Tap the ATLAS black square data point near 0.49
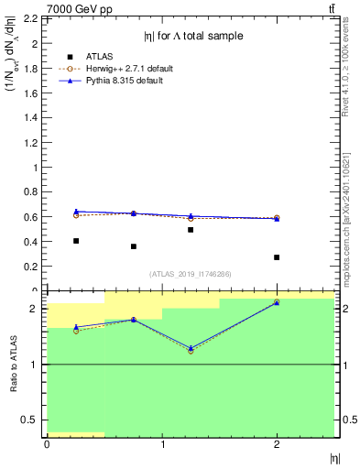pyautogui.click(x=191, y=230)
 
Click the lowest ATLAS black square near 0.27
pyautogui.click(x=277, y=257)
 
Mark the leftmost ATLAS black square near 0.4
pyautogui.click(x=75, y=241)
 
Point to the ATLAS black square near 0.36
pyautogui.click(x=133, y=246)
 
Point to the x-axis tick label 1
pyautogui.click(x=162, y=444)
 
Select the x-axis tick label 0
pyautogui.click(x=47, y=444)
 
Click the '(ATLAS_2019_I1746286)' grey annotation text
pyautogui.click(x=191, y=274)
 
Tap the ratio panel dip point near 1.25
pyautogui.click(x=191, y=350)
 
